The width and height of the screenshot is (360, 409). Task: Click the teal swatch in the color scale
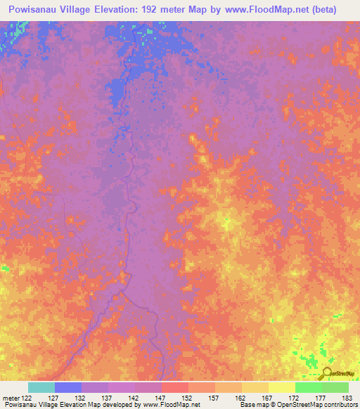[x=41, y=387]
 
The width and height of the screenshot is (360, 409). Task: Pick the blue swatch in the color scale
[x=68, y=387]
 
